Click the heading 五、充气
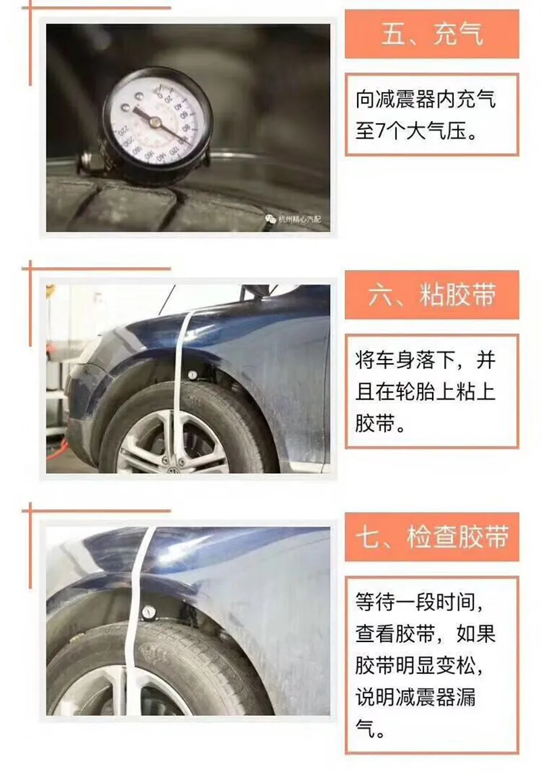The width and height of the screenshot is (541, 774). [432, 33]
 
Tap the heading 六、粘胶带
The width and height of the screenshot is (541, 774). [432, 295]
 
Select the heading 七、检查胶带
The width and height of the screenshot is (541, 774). [432, 537]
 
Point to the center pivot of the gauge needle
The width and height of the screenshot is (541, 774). [155, 122]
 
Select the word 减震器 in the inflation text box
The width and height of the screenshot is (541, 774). [406, 100]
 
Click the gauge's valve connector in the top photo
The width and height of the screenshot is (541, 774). [87, 161]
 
